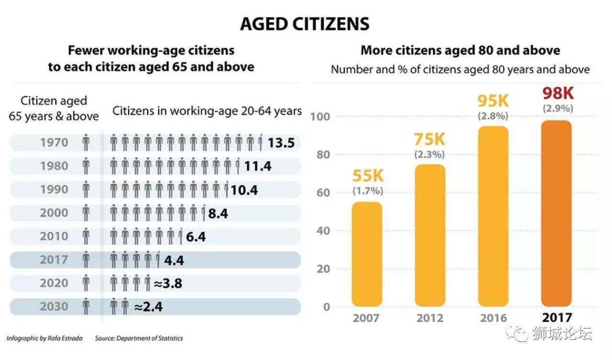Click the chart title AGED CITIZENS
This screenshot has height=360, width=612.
pos(305,24)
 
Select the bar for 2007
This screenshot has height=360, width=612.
pos(367,253)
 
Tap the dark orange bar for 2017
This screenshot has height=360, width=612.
pos(557,213)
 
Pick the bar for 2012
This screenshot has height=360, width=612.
pos(430,235)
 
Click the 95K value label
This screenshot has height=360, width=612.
pos(493,101)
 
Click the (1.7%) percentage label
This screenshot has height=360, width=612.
pos(368,191)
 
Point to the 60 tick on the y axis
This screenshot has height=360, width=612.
pos(324,193)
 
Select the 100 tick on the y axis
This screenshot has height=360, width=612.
pos(321,117)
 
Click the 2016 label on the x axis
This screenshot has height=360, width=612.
pos(493,318)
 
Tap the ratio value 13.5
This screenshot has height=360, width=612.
pos(281,143)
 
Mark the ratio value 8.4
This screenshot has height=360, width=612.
pos(218,213)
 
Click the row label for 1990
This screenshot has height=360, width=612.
pos(54,190)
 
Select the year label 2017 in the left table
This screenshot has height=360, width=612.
pos(54,260)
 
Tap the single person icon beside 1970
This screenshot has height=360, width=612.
pos(86,143)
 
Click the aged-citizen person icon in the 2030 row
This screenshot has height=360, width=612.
pos(86,306)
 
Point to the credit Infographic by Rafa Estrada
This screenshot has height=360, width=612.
pos(44,338)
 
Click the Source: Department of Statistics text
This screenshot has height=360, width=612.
pos(139,338)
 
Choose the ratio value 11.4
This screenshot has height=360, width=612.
pos(258,166)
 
